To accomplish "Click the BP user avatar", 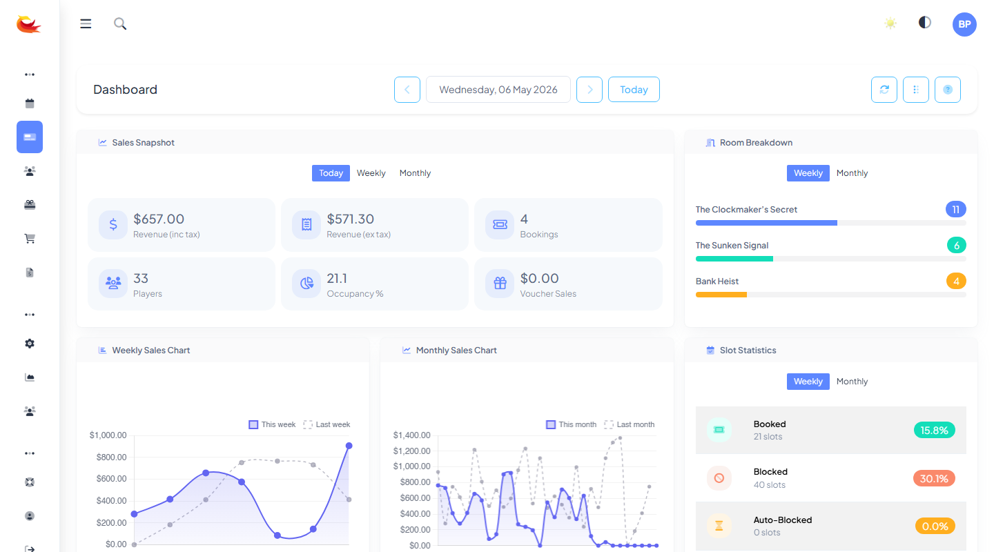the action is [964, 24].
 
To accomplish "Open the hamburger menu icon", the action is [86, 23].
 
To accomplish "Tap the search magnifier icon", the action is [120, 23].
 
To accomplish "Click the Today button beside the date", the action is [633, 90].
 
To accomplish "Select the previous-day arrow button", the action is [407, 90].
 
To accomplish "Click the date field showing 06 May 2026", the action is [498, 90].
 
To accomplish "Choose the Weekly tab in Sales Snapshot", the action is [371, 173].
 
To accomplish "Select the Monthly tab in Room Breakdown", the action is [852, 173].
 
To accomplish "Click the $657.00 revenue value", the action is [159, 219].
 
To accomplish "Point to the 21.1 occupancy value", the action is [337, 278].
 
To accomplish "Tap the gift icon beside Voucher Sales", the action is [500, 283].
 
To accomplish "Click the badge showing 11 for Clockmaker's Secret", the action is [955, 210].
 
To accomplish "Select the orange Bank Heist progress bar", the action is [721, 295].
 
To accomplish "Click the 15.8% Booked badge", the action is [934, 430].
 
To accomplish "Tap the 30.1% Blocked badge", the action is [934, 478].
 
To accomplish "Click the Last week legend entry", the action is [327, 424].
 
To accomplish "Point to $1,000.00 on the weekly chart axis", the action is [108, 435].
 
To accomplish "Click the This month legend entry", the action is [571, 424].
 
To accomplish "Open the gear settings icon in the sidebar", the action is [30, 344].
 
